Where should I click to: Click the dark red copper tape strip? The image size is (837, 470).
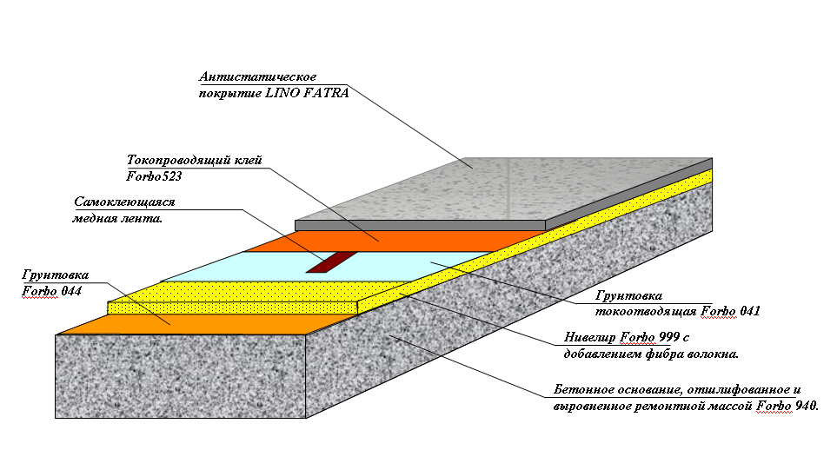(x=331, y=262)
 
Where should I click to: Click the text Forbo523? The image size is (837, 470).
(x=154, y=176)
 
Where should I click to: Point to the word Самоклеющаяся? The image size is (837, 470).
(x=124, y=202)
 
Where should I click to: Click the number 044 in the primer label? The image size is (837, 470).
(x=71, y=291)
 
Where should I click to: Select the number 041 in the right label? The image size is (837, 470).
(x=750, y=311)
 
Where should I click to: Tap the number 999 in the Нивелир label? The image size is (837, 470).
(x=669, y=337)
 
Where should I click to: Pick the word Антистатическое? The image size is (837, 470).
(x=258, y=76)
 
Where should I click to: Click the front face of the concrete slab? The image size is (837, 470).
(x=181, y=376)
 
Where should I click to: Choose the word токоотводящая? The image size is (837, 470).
(x=646, y=312)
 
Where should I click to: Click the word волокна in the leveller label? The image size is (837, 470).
(x=712, y=354)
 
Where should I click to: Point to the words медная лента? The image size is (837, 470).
(x=117, y=219)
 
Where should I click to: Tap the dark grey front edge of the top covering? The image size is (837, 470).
(x=420, y=226)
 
